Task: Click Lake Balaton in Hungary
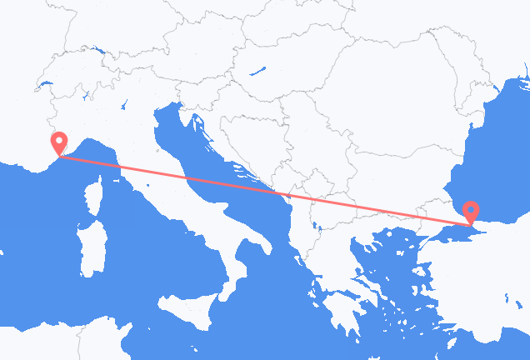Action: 262,71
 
